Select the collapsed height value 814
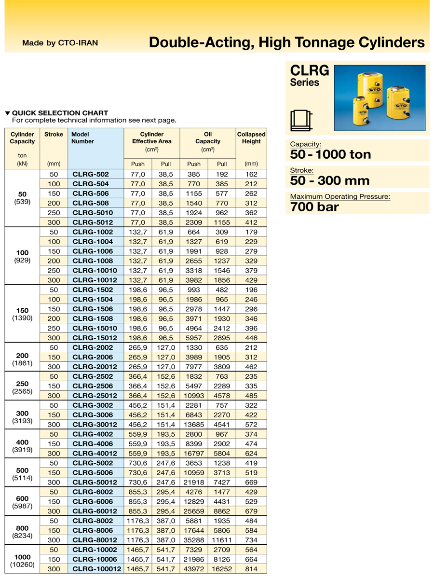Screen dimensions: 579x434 [x=251, y=569]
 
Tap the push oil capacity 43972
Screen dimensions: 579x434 [x=194, y=569]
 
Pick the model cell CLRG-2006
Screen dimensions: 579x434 [x=93, y=357]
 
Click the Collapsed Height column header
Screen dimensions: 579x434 [x=251, y=138]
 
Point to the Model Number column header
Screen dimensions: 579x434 [x=82, y=138]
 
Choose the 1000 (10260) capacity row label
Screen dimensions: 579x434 [x=22, y=560]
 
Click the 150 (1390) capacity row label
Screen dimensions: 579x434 [x=22, y=314]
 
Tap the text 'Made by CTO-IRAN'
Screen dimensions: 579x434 [x=60, y=43]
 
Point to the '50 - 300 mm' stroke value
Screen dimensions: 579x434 [x=330, y=181]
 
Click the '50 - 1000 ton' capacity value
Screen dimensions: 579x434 [x=331, y=154]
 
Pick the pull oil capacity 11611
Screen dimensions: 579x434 [x=222, y=540]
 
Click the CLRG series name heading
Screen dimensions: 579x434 [x=310, y=71]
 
